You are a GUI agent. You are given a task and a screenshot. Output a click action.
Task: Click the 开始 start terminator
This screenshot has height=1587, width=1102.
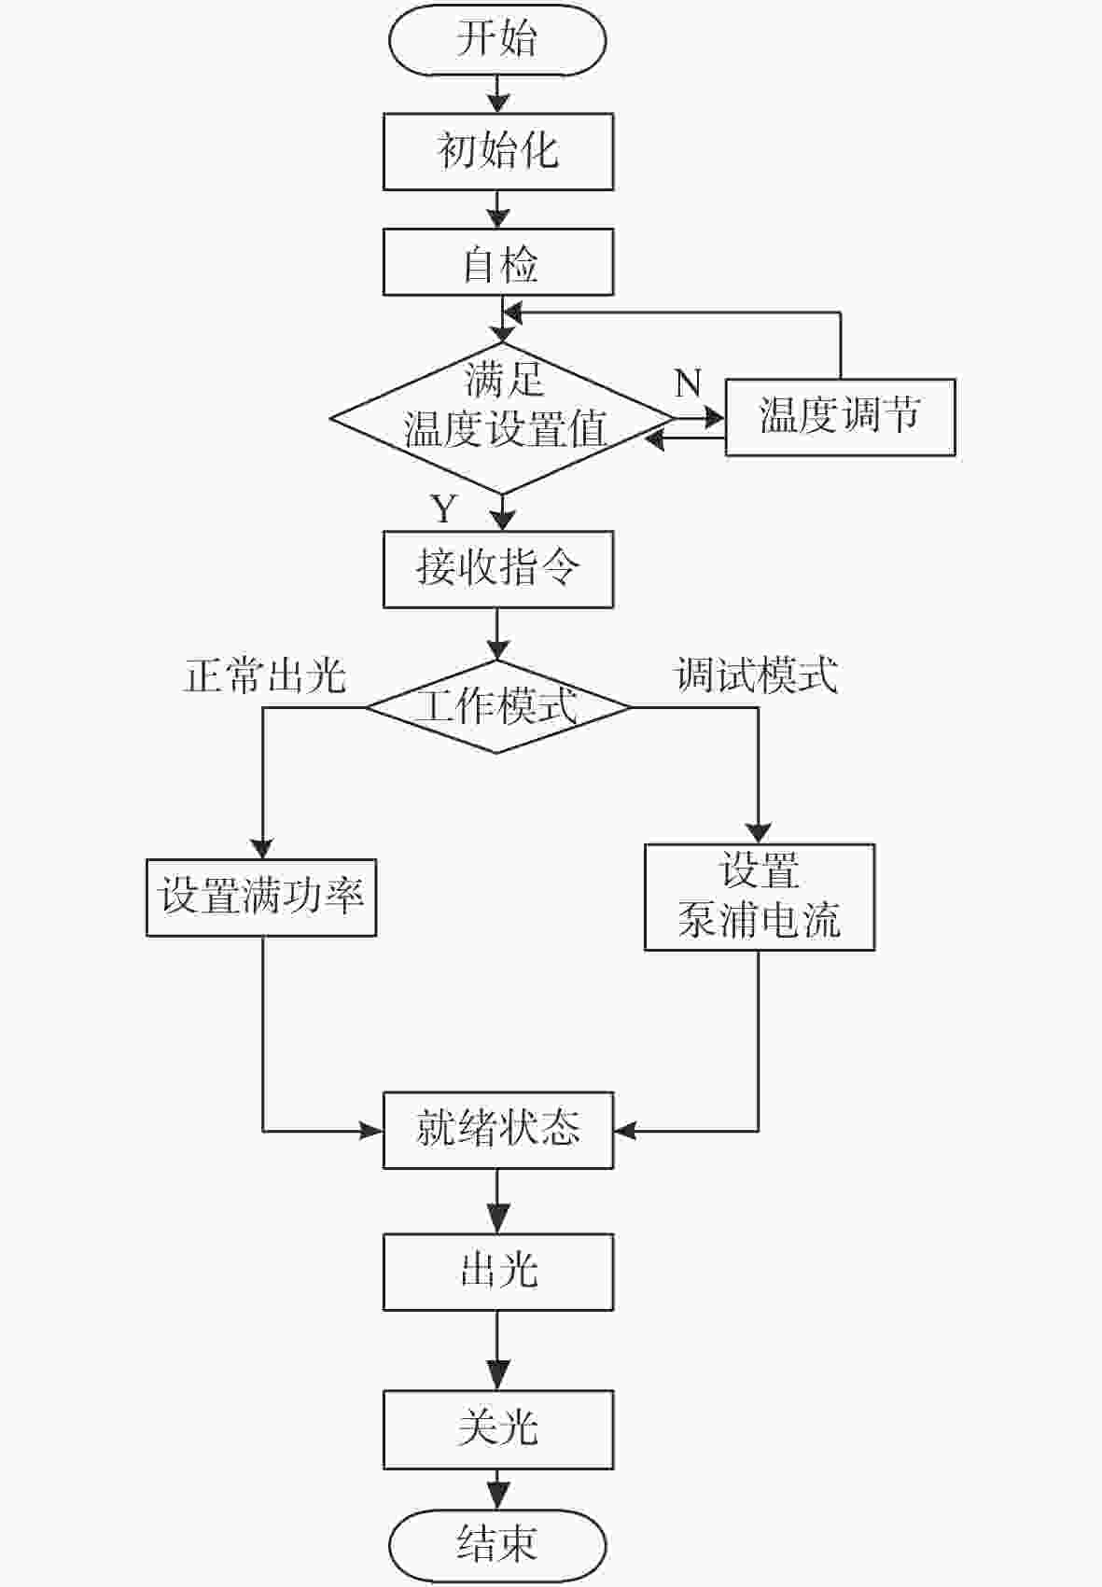tap(497, 40)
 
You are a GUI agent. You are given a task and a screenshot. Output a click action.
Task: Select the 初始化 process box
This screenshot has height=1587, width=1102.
tap(498, 152)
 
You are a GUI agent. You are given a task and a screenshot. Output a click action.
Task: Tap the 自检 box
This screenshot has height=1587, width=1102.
tap(498, 261)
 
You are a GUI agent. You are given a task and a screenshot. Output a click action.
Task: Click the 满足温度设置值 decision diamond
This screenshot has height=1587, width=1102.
tap(502, 418)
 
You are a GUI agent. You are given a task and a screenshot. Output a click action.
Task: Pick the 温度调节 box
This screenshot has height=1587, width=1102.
tap(840, 417)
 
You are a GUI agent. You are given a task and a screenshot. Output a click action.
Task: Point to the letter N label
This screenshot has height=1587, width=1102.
tap(688, 383)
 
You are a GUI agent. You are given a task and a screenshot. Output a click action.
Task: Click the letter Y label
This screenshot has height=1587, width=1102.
tap(443, 508)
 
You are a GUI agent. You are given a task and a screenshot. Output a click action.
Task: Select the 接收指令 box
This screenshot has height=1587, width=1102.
tap(498, 570)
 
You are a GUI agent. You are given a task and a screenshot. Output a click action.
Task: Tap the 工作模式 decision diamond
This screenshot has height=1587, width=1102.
tap(497, 706)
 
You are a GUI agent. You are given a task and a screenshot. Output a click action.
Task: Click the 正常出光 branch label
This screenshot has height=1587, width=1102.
tap(265, 675)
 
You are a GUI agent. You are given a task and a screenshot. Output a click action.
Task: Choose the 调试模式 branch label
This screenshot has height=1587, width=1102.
tap(756, 675)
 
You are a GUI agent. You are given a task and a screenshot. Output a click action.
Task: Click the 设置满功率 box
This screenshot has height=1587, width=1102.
tap(260, 898)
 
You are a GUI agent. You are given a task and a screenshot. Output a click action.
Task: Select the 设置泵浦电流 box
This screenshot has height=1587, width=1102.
tap(760, 897)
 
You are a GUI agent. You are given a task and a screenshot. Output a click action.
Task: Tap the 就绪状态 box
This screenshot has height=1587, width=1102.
tap(498, 1130)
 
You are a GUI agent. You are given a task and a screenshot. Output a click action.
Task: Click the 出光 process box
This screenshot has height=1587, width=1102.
tap(498, 1272)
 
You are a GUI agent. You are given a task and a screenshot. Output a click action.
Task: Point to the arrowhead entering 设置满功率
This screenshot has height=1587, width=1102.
tap(262, 849)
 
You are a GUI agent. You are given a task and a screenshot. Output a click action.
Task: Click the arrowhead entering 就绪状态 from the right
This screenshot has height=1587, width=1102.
tap(624, 1131)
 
